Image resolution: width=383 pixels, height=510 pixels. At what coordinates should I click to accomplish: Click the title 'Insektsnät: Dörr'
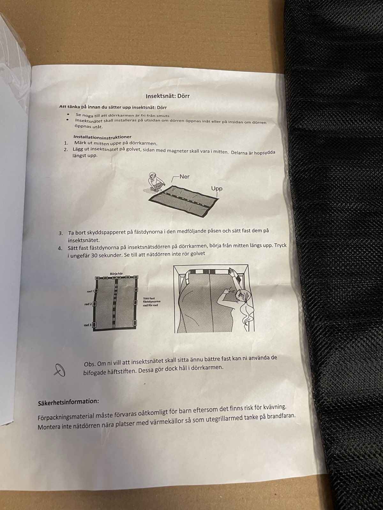pyautogui.click(x=168, y=96)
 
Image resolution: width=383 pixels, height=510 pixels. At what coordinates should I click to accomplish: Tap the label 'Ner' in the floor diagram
pyautogui.click(x=184, y=177)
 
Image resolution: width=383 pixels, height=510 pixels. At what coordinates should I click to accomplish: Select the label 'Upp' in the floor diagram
pyautogui.click(x=217, y=189)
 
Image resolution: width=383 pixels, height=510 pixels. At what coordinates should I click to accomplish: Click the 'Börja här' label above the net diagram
pyautogui.click(x=116, y=274)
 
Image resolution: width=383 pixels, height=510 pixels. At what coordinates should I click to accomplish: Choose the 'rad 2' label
pyautogui.click(x=88, y=304)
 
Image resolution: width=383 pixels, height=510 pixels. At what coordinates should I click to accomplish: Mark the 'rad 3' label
pyautogui.click(x=88, y=325)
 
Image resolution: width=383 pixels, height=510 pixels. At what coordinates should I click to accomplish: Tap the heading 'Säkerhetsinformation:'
pyautogui.click(x=68, y=402)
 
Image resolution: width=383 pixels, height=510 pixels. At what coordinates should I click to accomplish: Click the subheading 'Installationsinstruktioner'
pyautogui.click(x=102, y=137)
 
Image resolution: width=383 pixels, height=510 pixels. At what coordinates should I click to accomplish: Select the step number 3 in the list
pyautogui.click(x=60, y=233)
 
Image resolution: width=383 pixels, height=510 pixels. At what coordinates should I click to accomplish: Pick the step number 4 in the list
pyautogui.click(x=60, y=248)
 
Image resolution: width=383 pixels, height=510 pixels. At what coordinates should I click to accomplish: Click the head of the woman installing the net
pyautogui.click(x=242, y=295)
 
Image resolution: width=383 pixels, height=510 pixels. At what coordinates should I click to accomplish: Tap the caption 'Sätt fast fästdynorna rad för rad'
pyautogui.click(x=152, y=302)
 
